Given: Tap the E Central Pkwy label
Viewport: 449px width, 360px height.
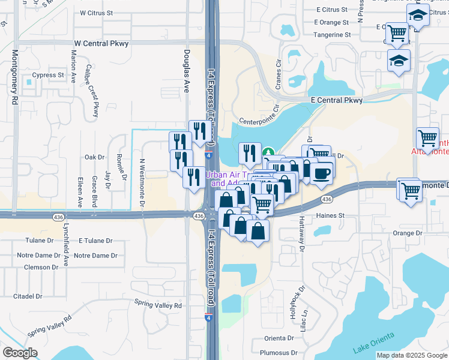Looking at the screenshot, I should (x=336, y=101).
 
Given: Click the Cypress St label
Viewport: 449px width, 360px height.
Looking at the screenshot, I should (x=48, y=76).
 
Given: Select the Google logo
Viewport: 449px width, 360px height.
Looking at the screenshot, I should (x=20, y=353).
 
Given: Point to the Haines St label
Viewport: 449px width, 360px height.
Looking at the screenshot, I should (x=331, y=215).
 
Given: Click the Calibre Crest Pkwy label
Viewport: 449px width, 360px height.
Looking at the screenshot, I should (x=92, y=91).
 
